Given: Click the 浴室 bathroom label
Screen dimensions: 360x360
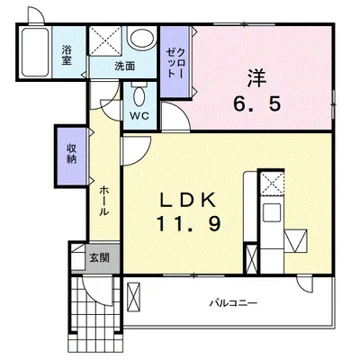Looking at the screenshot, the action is (x=67, y=56).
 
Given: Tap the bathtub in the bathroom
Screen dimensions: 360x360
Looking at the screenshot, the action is (x=35, y=52).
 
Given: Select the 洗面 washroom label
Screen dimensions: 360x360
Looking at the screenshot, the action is (x=124, y=67).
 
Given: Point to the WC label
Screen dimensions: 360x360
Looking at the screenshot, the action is (x=139, y=116).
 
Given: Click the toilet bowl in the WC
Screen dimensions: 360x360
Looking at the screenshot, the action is (x=139, y=96).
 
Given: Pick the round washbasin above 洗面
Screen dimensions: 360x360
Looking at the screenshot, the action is (x=141, y=37).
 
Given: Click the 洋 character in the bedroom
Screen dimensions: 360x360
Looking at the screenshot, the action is (x=257, y=77).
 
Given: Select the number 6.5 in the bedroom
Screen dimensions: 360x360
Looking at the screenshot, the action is (x=257, y=104).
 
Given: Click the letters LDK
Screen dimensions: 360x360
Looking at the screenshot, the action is (x=188, y=201).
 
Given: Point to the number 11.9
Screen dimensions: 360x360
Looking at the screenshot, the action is (x=188, y=224).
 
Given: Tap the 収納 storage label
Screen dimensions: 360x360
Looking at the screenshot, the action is (x=71, y=154).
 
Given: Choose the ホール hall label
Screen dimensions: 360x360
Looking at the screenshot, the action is (x=103, y=201).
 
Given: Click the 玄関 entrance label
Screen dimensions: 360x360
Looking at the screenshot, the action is (x=99, y=257).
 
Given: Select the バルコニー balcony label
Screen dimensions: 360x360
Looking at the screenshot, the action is (x=233, y=302).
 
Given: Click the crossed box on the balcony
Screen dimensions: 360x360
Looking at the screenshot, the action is (x=133, y=298).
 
